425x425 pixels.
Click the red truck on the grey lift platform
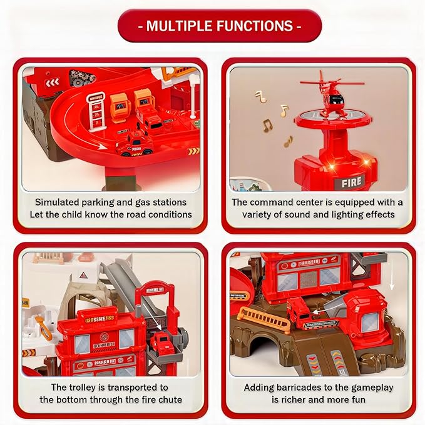coord(161,343)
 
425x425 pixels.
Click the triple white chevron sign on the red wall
coord(51,81)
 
